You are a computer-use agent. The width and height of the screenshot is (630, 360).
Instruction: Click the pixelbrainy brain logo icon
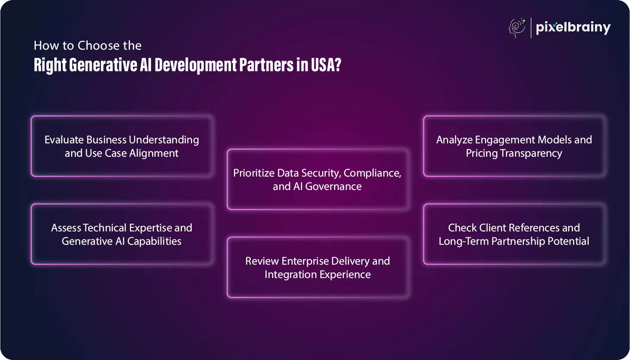click(x=517, y=28)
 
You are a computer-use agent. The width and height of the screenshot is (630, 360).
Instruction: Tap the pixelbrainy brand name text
click(x=573, y=28)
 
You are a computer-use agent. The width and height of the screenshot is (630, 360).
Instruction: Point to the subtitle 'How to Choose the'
click(x=88, y=45)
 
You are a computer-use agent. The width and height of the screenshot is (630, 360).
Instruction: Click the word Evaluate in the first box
click(x=64, y=140)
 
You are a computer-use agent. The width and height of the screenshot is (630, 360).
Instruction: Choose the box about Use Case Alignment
click(x=122, y=146)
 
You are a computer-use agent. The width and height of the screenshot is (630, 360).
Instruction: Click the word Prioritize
click(x=253, y=173)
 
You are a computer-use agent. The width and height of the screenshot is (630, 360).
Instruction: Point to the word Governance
click(x=333, y=186)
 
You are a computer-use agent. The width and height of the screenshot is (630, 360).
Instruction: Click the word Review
click(x=262, y=261)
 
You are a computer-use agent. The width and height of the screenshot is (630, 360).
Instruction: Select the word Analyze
click(x=454, y=140)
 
